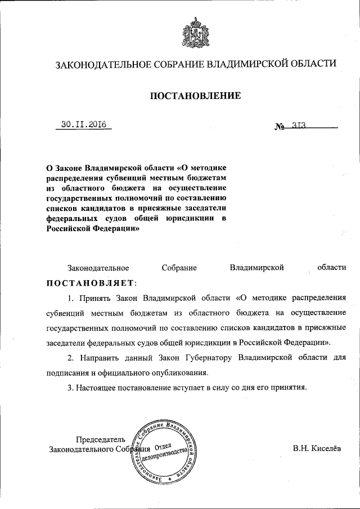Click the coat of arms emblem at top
point(195,34)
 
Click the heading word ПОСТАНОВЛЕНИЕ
point(195,96)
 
